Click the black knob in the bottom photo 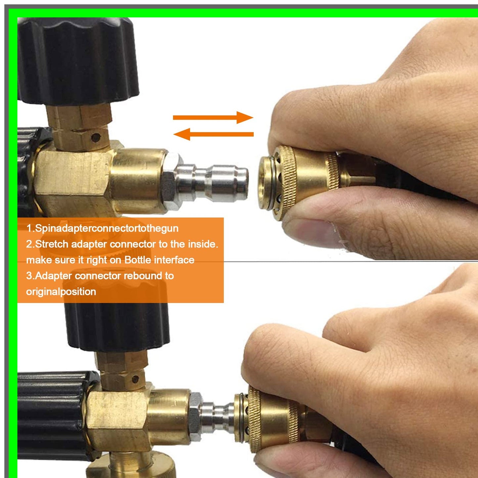tap(117, 326)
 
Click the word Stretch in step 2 tap(52, 244)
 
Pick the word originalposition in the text tap(61, 292)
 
